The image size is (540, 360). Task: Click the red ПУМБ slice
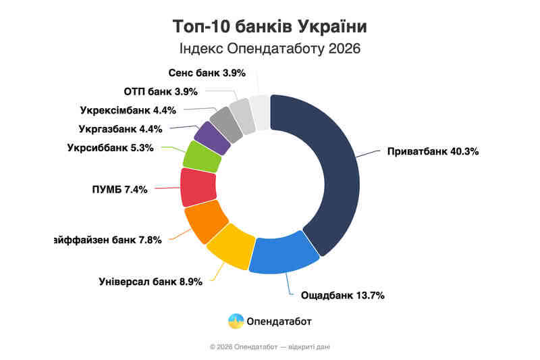[198, 187]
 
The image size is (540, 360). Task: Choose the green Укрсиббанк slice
[202, 157]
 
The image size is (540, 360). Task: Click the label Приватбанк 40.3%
[433, 152]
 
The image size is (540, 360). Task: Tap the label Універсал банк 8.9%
[151, 282]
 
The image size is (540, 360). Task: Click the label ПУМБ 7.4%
[119, 189]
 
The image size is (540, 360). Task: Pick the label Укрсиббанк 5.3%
[111, 148]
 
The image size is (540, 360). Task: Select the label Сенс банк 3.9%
[197, 72]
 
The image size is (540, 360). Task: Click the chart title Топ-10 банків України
[270, 27]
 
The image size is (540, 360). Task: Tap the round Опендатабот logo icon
[236, 321]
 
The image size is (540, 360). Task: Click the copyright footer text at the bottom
[270, 346]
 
